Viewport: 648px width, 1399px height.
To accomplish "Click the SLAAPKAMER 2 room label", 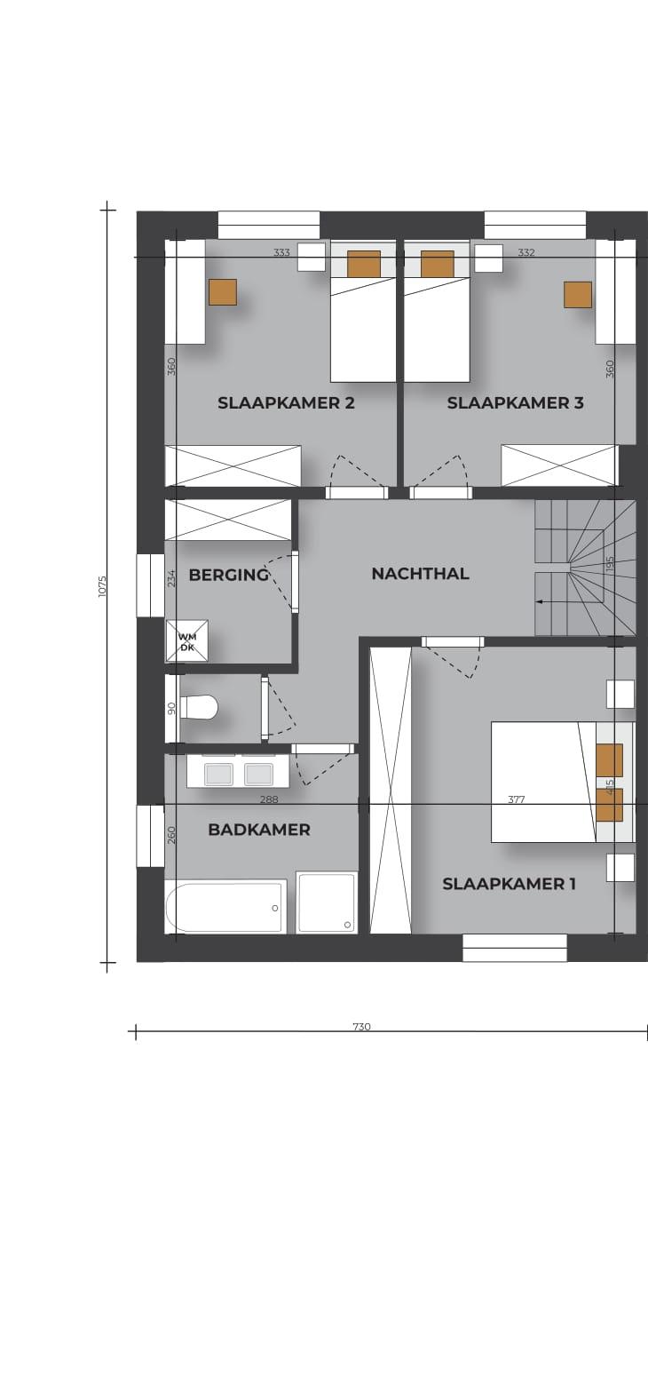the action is tap(286, 403).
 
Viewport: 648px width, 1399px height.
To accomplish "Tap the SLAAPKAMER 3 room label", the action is tap(515, 403).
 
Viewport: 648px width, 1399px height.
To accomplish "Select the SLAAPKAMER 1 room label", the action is tap(509, 884).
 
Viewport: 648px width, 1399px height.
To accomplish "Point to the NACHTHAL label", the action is tap(420, 573).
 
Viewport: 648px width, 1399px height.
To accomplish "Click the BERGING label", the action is tap(228, 575).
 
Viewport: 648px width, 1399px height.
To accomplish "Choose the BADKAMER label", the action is tap(259, 830).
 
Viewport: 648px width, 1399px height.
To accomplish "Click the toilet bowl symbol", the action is tap(198, 708).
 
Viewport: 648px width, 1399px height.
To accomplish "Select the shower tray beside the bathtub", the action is tap(326, 902).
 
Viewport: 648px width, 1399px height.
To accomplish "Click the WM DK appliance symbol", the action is tap(186, 641).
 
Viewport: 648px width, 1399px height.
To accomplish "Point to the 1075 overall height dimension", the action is tap(103, 586).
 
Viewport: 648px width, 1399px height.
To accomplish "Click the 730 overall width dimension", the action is tap(361, 1026).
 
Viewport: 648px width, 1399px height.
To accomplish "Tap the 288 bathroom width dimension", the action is tap(269, 799).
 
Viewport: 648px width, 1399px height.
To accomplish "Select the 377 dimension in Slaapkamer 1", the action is tap(517, 799).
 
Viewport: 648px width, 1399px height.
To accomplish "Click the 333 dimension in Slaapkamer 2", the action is tap(281, 252).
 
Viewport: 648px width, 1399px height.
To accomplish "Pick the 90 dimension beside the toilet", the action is tap(172, 708).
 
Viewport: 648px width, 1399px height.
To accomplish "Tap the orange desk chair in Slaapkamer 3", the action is tap(578, 295).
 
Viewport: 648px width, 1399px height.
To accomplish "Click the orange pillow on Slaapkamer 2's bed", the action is tap(364, 264).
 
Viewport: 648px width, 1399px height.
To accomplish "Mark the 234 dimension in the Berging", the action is tap(172, 577).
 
